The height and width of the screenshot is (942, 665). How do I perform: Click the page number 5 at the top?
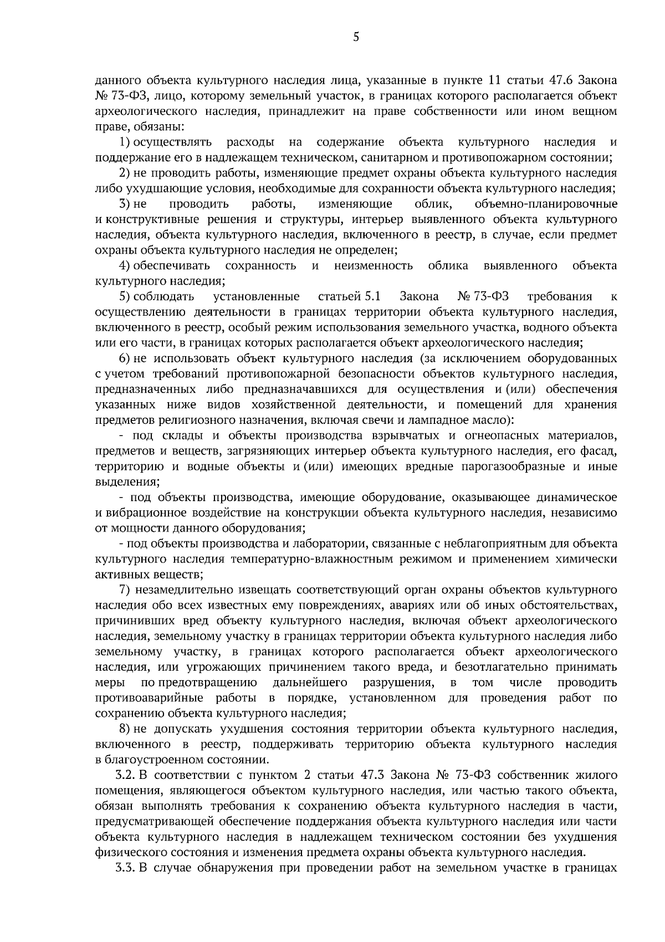356,38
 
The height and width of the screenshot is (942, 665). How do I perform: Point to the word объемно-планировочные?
546,204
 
